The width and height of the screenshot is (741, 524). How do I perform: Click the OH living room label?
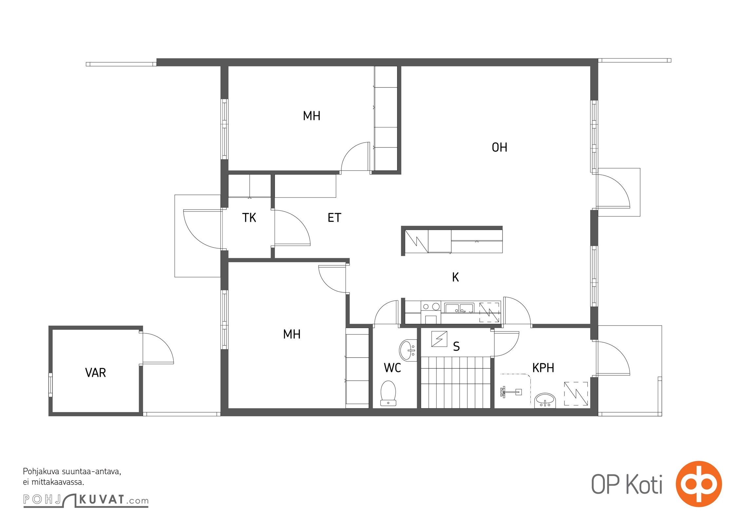tap(500, 147)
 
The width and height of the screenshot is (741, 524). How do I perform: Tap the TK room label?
tap(249, 218)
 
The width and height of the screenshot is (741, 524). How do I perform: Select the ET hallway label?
tap(334, 218)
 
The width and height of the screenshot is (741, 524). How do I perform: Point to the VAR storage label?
tap(95, 373)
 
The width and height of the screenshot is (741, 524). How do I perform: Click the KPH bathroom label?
tap(543, 368)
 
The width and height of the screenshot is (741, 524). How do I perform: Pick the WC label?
tap(392, 368)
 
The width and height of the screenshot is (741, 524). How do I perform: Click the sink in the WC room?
tap(408, 350)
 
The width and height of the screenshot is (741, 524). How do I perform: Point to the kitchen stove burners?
tap(431, 307)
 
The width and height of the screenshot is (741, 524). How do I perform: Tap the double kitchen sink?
tap(459, 308)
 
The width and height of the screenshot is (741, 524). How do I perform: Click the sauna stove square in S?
tap(439, 339)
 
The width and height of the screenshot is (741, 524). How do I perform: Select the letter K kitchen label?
tap(455, 277)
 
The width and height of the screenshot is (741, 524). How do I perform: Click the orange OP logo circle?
tap(699, 484)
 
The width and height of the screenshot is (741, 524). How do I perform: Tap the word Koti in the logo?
tap(644, 484)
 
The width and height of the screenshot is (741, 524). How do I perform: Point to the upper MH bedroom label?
tap(312, 116)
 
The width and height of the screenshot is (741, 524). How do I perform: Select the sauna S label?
tap(456, 346)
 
